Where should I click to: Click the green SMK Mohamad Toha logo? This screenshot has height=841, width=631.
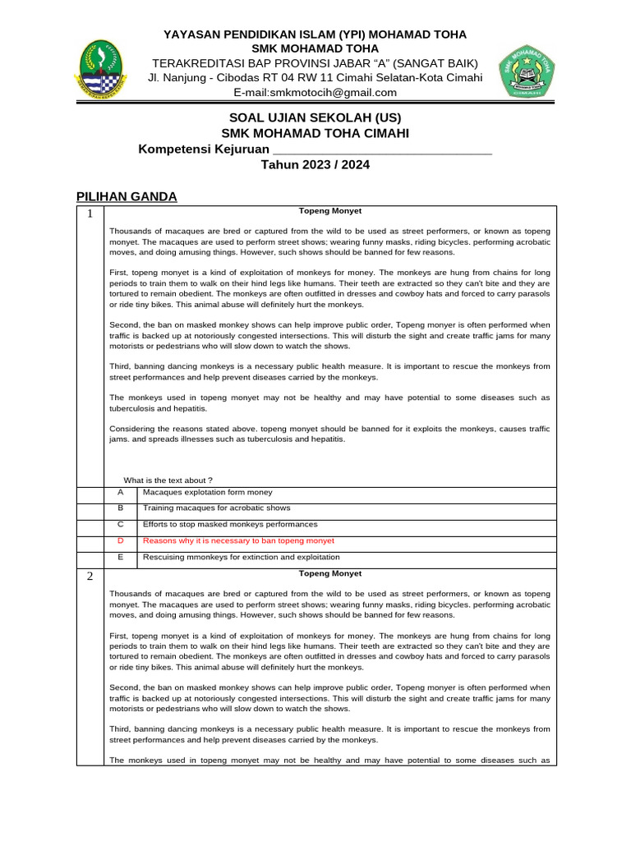(x=527, y=71)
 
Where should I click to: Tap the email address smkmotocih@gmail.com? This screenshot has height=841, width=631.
(x=315, y=93)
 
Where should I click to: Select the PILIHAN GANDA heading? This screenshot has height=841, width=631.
(x=127, y=196)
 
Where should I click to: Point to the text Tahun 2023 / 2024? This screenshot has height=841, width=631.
(x=315, y=164)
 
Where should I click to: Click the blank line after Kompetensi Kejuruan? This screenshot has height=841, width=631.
(x=381, y=149)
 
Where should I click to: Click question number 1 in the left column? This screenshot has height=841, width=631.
(x=90, y=214)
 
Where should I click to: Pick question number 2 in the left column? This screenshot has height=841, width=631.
(x=90, y=576)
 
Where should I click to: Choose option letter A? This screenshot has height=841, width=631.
(x=120, y=492)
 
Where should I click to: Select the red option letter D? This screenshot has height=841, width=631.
(x=120, y=541)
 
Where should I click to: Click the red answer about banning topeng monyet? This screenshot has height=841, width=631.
(x=238, y=541)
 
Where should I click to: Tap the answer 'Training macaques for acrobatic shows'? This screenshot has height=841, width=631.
(x=216, y=508)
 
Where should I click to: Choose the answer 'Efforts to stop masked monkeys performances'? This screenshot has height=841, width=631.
(x=230, y=524)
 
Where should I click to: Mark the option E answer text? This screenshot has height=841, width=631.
(x=241, y=557)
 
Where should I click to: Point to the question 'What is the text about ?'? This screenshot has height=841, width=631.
(x=168, y=480)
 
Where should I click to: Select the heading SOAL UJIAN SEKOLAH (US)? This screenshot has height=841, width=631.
(x=315, y=117)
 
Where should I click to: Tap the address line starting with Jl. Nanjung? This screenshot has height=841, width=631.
(x=315, y=78)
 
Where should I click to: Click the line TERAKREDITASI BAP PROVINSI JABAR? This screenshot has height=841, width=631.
(x=315, y=63)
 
